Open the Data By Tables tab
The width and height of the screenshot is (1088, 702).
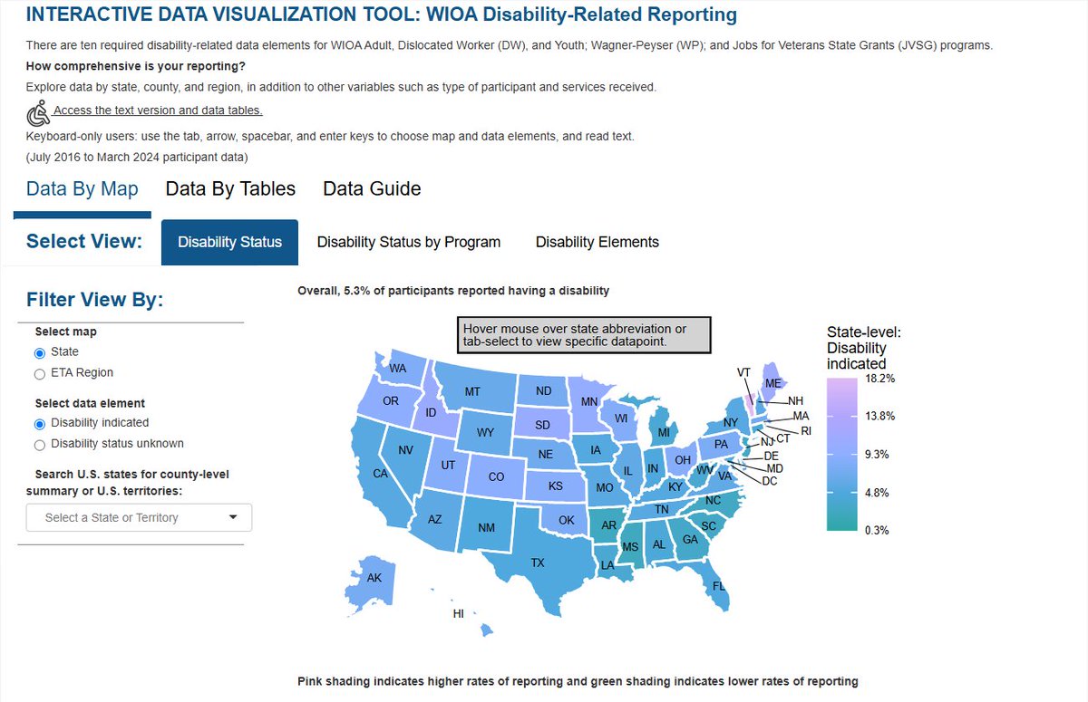click(x=230, y=188)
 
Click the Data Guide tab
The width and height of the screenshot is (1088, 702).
click(x=372, y=188)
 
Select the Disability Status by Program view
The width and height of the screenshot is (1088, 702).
click(x=408, y=242)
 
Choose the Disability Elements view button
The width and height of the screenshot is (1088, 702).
click(x=597, y=242)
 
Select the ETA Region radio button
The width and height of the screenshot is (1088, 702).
click(x=40, y=373)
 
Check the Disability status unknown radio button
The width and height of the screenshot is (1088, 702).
click(x=40, y=444)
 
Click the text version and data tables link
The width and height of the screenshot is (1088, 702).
click(x=158, y=111)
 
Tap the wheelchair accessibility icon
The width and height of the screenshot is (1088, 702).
click(x=37, y=113)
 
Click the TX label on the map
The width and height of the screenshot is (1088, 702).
click(x=538, y=563)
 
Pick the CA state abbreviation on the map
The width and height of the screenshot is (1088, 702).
click(x=381, y=474)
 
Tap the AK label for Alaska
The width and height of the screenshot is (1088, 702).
click(x=374, y=578)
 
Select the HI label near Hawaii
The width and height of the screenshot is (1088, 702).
click(x=459, y=613)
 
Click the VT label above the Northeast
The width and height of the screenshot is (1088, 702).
click(x=743, y=372)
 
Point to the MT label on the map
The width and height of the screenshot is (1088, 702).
click(x=471, y=392)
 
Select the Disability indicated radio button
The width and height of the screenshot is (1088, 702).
click(x=40, y=423)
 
